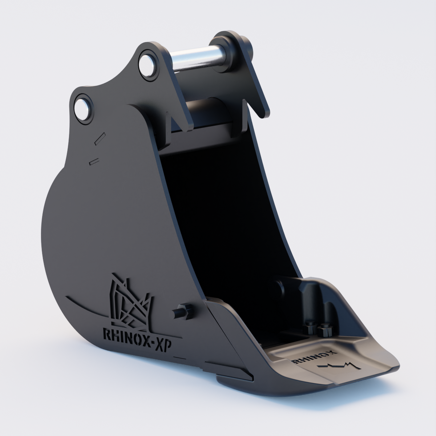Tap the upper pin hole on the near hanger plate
[x=148, y=66]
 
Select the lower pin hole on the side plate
[x=83, y=109]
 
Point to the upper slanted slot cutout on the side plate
[x=100, y=138]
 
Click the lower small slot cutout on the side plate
[x=94, y=162]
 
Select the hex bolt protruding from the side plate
[x=183, y=312]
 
